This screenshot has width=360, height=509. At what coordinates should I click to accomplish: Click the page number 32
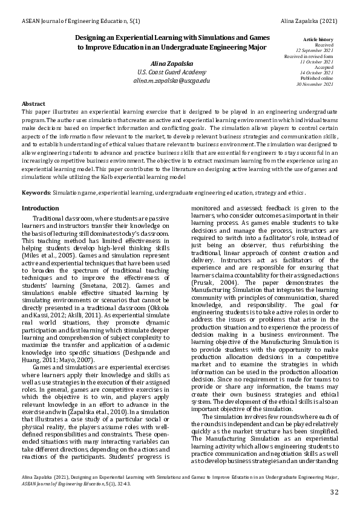coord(334,493)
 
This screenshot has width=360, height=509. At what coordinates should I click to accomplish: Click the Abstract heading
coord(33,104)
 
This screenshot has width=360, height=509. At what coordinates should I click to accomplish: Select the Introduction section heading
coord(40,208)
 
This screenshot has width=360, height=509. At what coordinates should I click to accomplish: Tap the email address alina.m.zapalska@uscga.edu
coord(172,80)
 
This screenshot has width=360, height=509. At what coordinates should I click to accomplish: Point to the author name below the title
coord(172,63)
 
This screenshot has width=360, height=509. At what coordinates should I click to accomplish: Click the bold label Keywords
coord(35,192)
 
